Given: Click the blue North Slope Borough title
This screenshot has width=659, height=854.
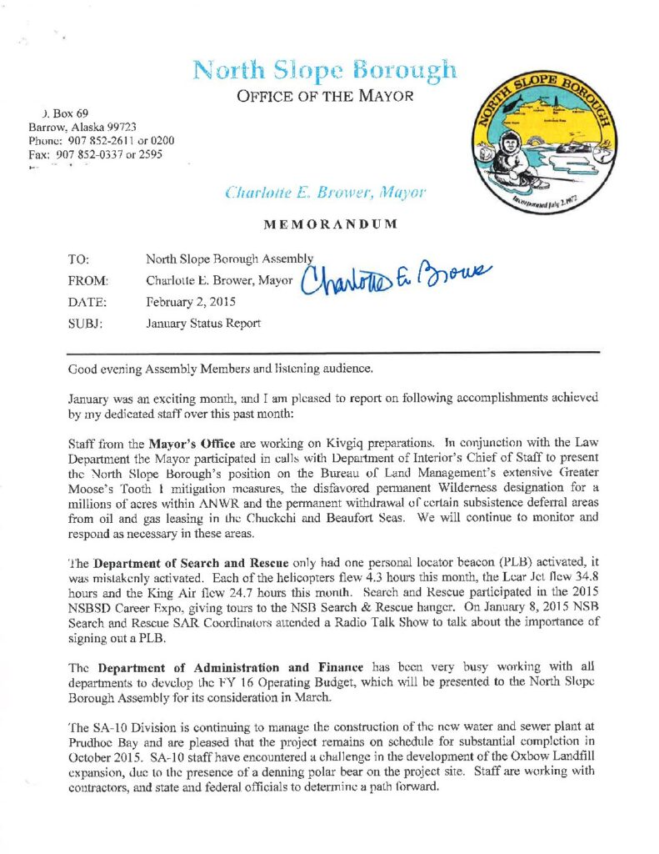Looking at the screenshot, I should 324,69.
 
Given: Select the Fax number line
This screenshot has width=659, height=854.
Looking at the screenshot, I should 95,154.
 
